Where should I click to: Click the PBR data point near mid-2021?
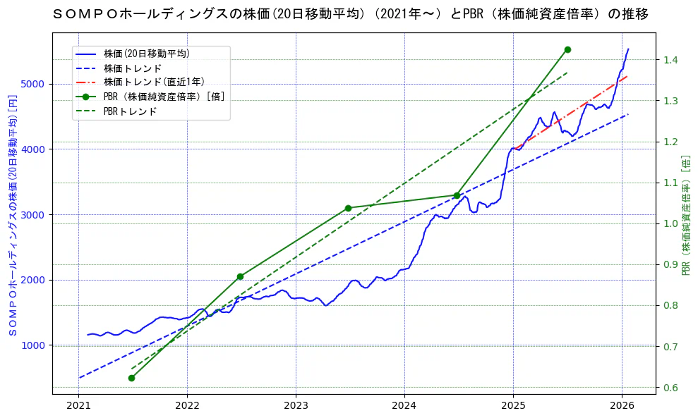tap(131, 378)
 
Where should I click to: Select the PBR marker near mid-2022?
tap(240, 276)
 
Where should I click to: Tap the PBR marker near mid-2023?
tap(348, 208)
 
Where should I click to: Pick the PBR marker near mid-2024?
tap(457, 195)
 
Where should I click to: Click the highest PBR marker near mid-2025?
tap(567, 49)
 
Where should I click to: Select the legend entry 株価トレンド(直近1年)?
tap(155, 82)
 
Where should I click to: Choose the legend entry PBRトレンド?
tap(130, 111)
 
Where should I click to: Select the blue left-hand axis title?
tap(12, 215)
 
